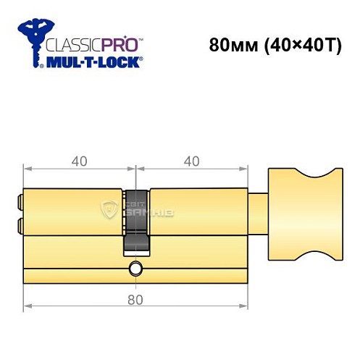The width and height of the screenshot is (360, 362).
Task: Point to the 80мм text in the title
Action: [x=228, y=45]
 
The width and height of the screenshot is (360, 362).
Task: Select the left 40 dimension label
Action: [x=80, y=161]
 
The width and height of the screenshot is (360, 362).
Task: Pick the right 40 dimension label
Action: [x=191, y=161]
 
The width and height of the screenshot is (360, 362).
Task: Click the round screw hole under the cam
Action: [x=135, y=270]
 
